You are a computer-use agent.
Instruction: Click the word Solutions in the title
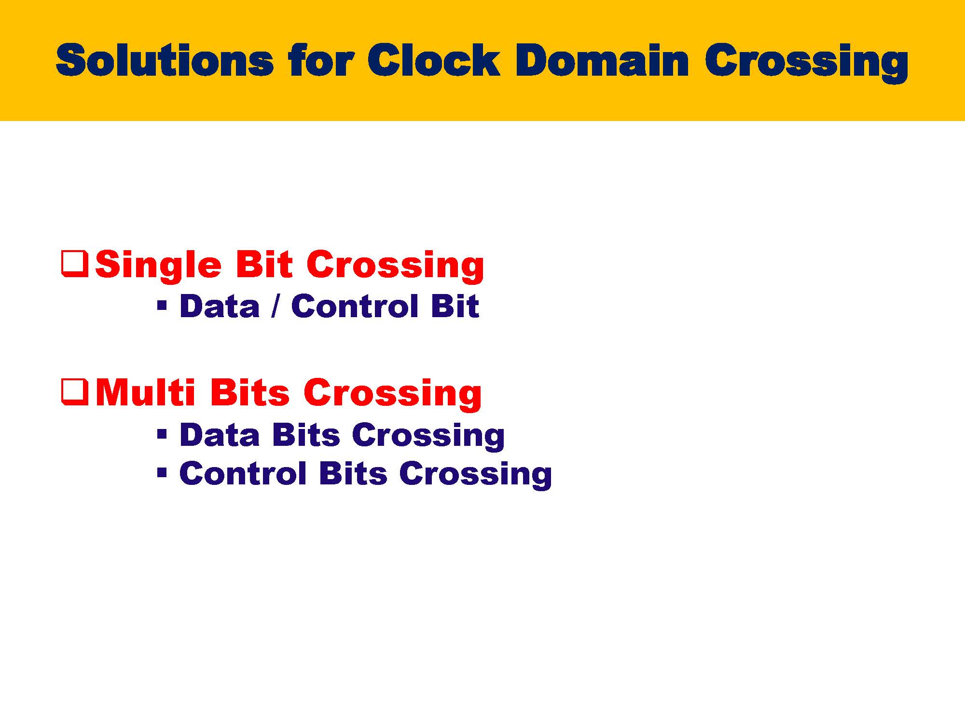(165, 60)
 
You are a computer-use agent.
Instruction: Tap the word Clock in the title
(434, 60)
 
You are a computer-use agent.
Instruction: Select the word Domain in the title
(602, 60)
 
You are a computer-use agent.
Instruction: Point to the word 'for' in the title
(321, 60)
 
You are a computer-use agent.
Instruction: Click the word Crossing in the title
(806, 63)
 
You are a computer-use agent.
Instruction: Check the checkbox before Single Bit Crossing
(75, 263)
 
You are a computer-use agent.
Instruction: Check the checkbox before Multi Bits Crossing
(75, 392)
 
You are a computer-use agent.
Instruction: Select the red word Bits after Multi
(249, 392)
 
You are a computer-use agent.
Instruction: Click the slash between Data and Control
(275, 306)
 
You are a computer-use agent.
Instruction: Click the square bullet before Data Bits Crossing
(162, 434)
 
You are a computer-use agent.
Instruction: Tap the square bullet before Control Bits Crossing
(162, 472)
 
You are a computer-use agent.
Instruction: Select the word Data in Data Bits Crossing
(220, 435)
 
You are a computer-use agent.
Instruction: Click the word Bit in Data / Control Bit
(455, 306)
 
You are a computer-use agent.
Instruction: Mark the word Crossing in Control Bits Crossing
(475, 476)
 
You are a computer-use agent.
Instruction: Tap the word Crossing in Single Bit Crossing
(395, 266)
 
